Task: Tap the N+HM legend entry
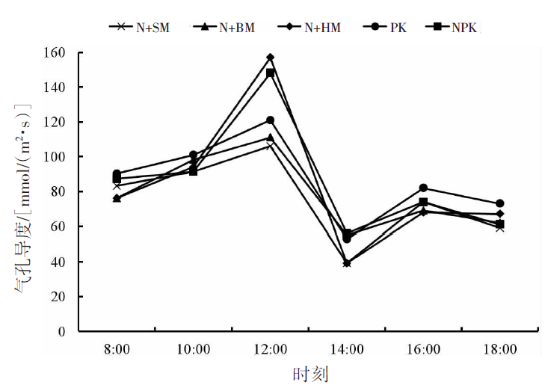click(312, 28)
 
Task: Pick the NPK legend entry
click(455, 28)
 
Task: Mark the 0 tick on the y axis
click(64, 331)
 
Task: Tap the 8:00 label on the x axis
click(117, 348)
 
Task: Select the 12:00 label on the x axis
click(270, 348)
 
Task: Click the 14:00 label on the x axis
click(347, 348)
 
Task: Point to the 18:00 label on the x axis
click(499, 348)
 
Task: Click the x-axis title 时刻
click(309, 372)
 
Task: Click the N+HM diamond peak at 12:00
click(270, 58)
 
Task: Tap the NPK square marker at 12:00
click(270, 73)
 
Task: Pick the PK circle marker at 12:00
click(270, 120)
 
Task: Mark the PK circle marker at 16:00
click(423, 188)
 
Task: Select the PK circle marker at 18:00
click(499, 203)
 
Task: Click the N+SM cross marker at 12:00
click(270, 147)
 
